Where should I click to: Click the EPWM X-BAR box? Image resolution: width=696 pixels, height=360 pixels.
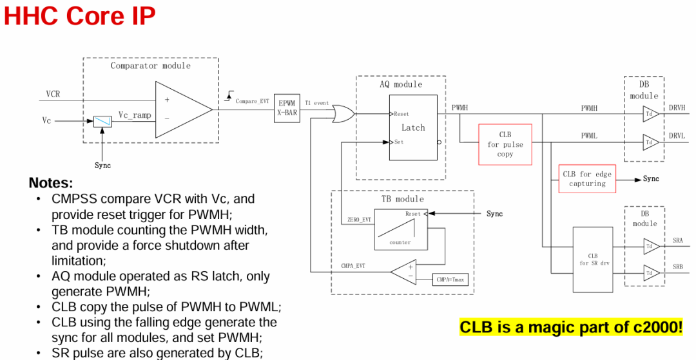(x=287, y=108)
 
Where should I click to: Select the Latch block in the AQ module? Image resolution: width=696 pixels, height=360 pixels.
(x=413, y=128)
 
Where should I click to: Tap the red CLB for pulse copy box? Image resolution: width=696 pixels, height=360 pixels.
(x=505, y=144)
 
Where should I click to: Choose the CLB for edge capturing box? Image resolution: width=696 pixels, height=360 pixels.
(x=587, y=178)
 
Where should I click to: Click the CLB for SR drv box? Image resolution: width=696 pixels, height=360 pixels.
(x=593, y=260)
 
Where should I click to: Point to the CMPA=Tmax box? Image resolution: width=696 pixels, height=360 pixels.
(x=450, y=279)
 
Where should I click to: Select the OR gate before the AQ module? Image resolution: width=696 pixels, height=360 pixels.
(x=343, y=114)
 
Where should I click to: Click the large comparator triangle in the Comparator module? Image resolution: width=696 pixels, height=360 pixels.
(x=184, y=109)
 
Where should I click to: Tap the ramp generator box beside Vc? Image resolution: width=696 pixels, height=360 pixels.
(x=102, y=121)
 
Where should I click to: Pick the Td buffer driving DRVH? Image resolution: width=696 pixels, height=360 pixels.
(x=651, y=114)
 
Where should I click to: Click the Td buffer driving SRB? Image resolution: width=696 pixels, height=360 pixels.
(x=652, y=273)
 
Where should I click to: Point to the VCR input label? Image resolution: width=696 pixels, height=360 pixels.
(x=53, y=94)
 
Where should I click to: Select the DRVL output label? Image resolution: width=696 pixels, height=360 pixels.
(x=677, y=136)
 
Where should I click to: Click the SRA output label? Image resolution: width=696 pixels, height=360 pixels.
(x=678, y=241)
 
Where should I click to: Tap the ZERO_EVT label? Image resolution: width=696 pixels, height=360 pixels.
(x=359, y=220)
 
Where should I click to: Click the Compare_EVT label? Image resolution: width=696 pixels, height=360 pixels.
(x=252, y=102)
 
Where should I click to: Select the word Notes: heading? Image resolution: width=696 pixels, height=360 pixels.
(x=51, y=183)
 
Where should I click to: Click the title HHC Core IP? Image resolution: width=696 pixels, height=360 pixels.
(x=80, y=15)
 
